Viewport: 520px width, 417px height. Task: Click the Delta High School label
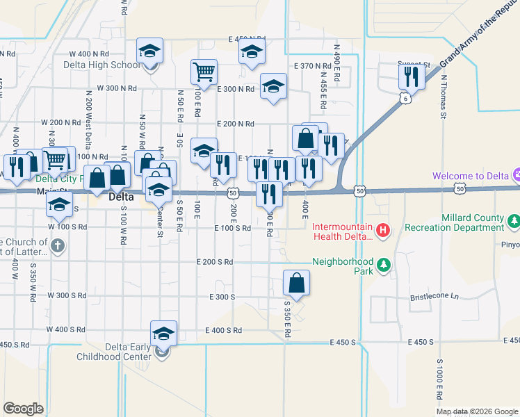(x=101, y=65)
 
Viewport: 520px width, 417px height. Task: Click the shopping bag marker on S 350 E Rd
(x=296, y=283)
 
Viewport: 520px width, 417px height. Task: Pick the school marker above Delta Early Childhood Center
(x=164, y=333)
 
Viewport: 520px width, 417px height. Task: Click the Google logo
(x=23, y=409)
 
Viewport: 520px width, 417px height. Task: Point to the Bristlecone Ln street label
(x=435, y=296)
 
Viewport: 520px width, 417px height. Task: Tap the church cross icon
(x=58, y=245)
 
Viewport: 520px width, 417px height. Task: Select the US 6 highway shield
(x=404, y=99)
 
